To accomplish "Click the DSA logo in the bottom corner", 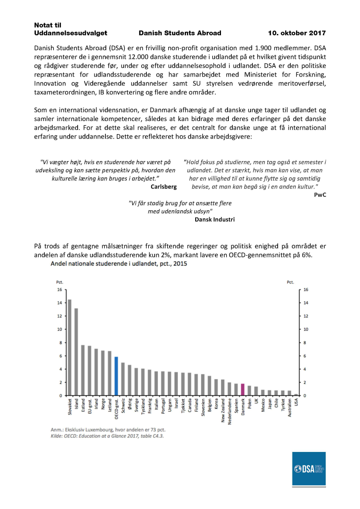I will (309, 469).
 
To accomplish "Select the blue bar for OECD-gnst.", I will (116, 376).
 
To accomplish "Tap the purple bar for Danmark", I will (242, 390).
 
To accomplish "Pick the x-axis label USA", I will (296, 403).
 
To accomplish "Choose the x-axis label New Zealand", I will (222, 412).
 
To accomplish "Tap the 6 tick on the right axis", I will (306, 356).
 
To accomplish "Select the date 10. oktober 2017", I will (296, 33).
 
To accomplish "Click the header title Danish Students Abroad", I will (180, 33).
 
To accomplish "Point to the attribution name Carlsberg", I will (163, 186).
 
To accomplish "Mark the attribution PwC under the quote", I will (320, 195).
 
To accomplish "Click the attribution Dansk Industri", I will (214, 219).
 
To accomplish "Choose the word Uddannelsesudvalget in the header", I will (71, 33).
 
